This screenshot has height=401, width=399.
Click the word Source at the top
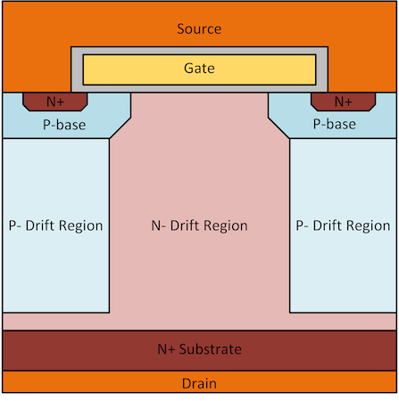pos(199,29)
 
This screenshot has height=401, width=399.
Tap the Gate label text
pos(199,68)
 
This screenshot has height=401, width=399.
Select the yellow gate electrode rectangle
pos(199,70)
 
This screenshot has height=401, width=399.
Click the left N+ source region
pos(55,102)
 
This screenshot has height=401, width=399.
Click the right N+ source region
pos(343,102)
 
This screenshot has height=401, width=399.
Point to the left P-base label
pos(64,125)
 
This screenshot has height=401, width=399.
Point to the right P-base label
pos(335,124)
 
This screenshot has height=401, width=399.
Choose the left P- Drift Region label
pos(55,225)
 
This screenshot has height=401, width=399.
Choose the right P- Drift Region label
pos(343,225)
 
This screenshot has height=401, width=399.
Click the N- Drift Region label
pos(199,225)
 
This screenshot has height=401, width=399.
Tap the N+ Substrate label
pos(199,349)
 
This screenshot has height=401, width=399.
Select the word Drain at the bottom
pos(199,383)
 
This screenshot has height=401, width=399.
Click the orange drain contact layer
pos(199,382)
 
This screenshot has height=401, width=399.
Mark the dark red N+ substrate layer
pos(199,350)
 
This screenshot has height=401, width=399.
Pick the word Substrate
pos(211,349)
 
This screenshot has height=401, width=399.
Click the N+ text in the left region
pos(55,102)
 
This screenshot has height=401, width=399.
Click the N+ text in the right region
pos(343,102)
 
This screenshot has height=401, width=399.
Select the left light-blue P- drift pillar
pos(56,225)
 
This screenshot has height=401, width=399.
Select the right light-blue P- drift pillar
pos(343,225)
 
